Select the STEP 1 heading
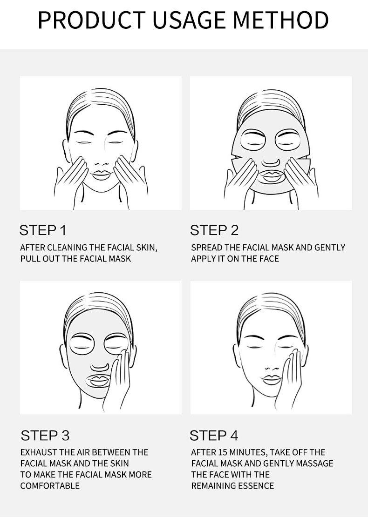pyautogui.click(x=43, y=230)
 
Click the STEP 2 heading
pyautogui.click(x=214, y=230)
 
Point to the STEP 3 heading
pyautogui.click(x=45, y=436)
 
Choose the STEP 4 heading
pyautogui.click(x=214, y=436)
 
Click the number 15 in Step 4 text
pyautogui.click(x=223, y=452)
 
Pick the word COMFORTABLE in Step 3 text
pyautogui.click(x=50, y=486)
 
